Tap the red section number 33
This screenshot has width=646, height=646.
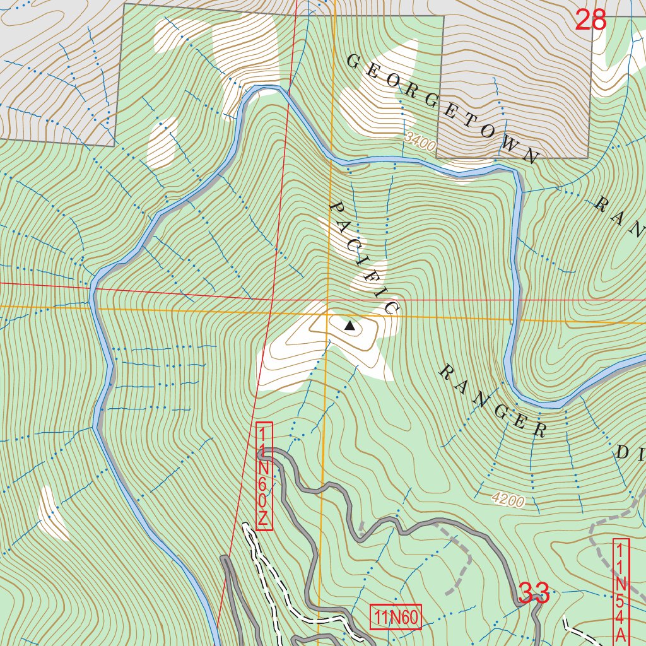click(534, 593)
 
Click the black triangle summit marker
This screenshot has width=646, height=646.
click(349, 326)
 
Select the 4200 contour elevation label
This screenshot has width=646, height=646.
click(508, 501)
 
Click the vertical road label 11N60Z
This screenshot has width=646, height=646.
click(264, 477)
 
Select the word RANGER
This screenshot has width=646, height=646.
click(493, 401)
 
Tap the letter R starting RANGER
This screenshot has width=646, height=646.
click(445, 371)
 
